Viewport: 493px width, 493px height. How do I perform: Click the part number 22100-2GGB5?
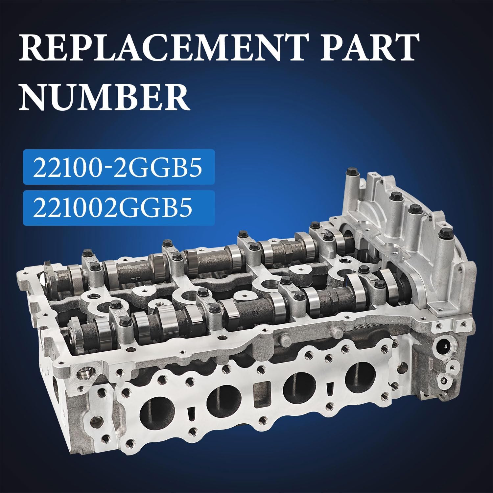point(117,168)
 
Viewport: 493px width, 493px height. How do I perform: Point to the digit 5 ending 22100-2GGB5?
point(194,168)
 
